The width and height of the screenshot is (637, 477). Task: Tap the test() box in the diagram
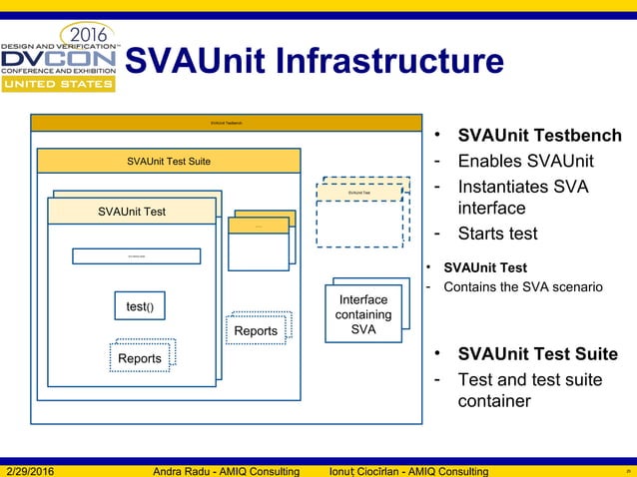click(x=139, y=307)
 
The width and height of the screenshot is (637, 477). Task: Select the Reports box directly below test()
click(x=140, y=358)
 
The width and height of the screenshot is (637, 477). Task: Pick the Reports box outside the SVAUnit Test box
click(x=256, y=330)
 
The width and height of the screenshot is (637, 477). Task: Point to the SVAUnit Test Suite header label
click(x=169, y=161)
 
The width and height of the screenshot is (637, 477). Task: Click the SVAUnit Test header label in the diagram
click(x=132, y=212)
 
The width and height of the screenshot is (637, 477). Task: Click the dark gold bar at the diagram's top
click(x=226, y=123)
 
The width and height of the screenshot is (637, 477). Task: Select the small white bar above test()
click(x=136, y=256)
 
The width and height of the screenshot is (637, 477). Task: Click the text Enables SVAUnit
click(x=525, y=162)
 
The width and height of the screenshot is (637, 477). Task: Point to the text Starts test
click(x=497, y=234)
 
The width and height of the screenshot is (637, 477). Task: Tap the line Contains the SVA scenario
click(x=522, y=287)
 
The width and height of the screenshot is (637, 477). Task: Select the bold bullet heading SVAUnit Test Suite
click(x=537, y=354)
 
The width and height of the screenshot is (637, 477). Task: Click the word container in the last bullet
click(x=494, y=401)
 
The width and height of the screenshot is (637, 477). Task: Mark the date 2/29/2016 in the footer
click(x=38, y=471)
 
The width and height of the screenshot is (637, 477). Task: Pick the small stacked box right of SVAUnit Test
click(x=260, y=239)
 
